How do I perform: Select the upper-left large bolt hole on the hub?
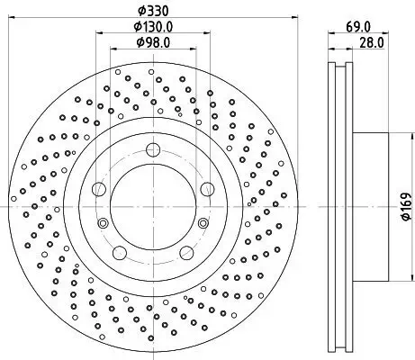100,188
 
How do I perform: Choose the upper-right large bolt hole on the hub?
208,188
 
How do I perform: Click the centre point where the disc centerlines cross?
154,206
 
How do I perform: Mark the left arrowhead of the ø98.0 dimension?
113,50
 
